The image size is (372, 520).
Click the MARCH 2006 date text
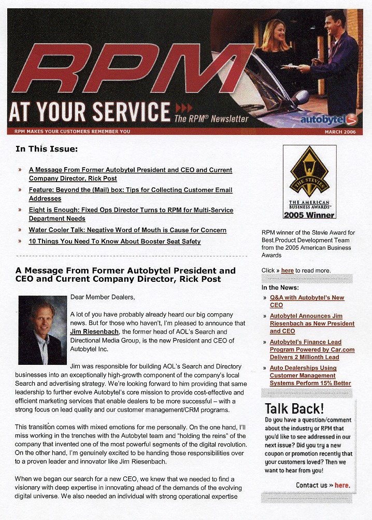pos(340,132)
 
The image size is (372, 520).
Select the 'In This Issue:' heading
pos(47,149)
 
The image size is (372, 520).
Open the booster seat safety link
pos(115,241)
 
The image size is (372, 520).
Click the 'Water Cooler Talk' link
pos(127,230)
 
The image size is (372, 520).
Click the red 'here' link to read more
pos(287,270)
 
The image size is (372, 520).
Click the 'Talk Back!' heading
pos(294,408)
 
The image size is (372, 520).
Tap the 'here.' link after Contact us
pos(342,485)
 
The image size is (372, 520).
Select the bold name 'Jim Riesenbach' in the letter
pos(94,332)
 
